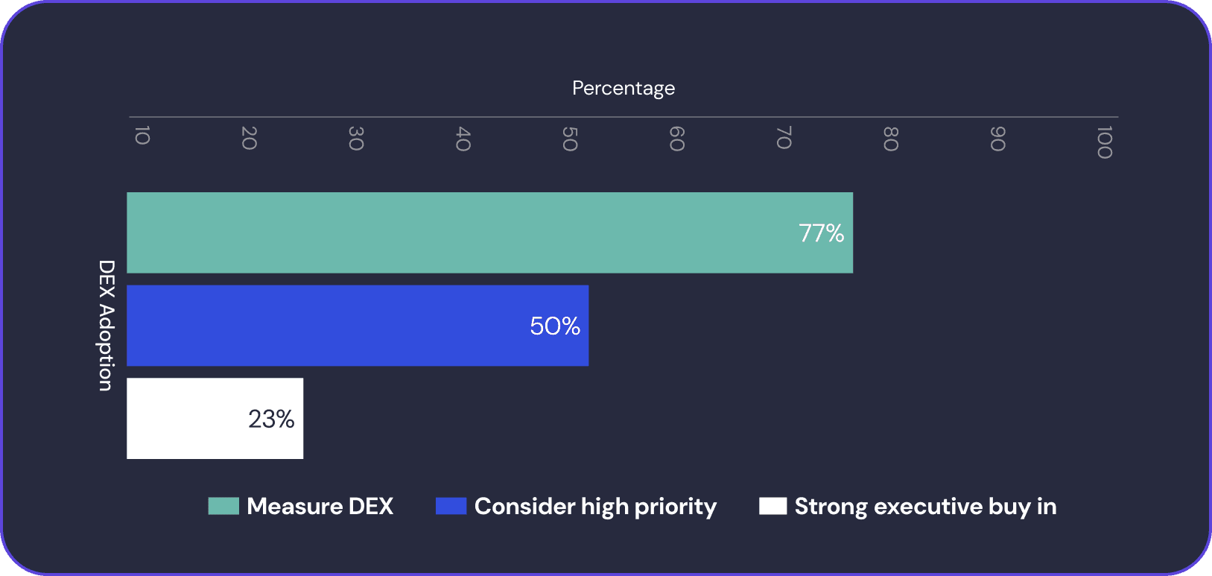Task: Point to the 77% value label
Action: (x=821, y=233)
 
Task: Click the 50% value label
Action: (x=555, y=326)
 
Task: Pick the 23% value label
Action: (x=271, y=419)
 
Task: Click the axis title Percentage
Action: (x=624, y=88)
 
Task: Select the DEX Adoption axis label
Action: (x=107, y=325)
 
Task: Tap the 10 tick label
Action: (x=142, y=136)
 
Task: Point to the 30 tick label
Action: (x=355, y=139)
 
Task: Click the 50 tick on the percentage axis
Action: (x=569, y=139)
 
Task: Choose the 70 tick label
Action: (x=783, y=139)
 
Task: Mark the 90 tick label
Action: (x=997, y=139)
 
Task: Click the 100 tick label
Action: (x=1104, y=142)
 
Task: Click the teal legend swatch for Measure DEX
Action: (x=223, y=506)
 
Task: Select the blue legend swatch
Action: (x=451, y=506)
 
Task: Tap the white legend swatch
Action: (x=772, y=506)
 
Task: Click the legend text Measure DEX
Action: (x=320, y=507)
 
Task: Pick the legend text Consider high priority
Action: (x=595, y=507)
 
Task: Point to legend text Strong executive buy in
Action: (x=925, y=507)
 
